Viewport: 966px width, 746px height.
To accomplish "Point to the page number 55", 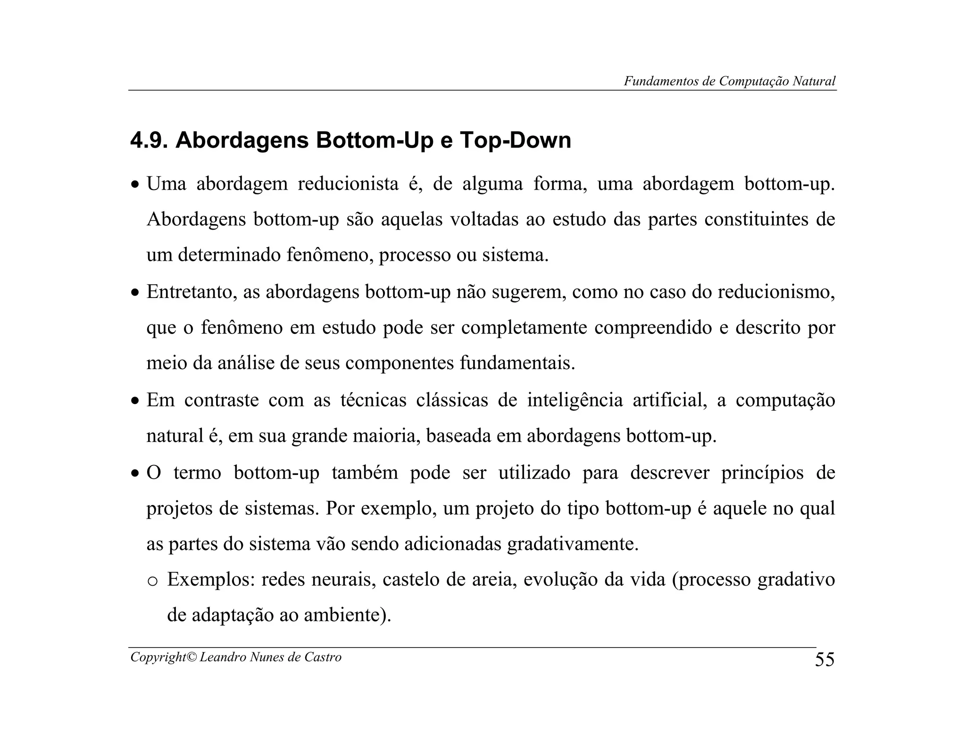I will click(x=824, y=659).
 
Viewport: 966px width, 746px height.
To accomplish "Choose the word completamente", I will click(x=524, y=327).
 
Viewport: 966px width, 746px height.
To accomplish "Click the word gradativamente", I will click(x=573, y=544).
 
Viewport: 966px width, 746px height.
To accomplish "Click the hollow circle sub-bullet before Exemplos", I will click(x=152, y=581).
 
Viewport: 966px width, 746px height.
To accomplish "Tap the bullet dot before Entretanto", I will click(x=135, y=293).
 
